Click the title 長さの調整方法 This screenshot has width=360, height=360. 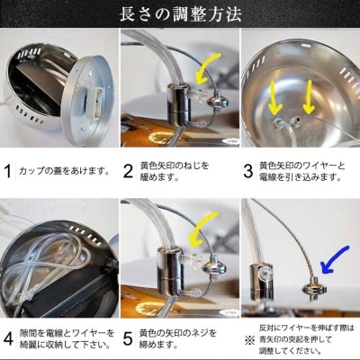coord(180,14)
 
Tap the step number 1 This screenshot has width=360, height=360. coord(9,171)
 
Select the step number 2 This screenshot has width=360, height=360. coord(128,171)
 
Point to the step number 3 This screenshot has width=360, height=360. coord(249,171)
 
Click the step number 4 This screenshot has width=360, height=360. coord(9,339)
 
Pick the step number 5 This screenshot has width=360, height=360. coord(128,339)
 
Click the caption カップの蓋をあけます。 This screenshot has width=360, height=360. coord(65,171)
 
